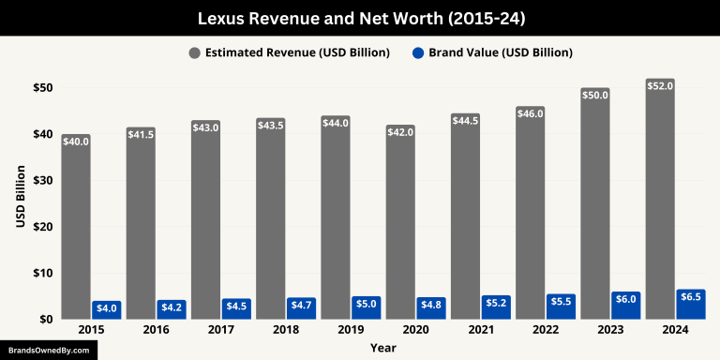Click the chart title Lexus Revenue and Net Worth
point(360,18)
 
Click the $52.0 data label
point(659,86)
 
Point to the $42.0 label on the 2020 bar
point(400,132)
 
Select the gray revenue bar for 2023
point(594,206)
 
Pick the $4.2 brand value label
point(173,306)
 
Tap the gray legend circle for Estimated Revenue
point(194,52)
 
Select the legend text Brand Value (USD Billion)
point(501,52)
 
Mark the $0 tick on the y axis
point(44,320)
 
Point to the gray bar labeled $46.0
point(530,216)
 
